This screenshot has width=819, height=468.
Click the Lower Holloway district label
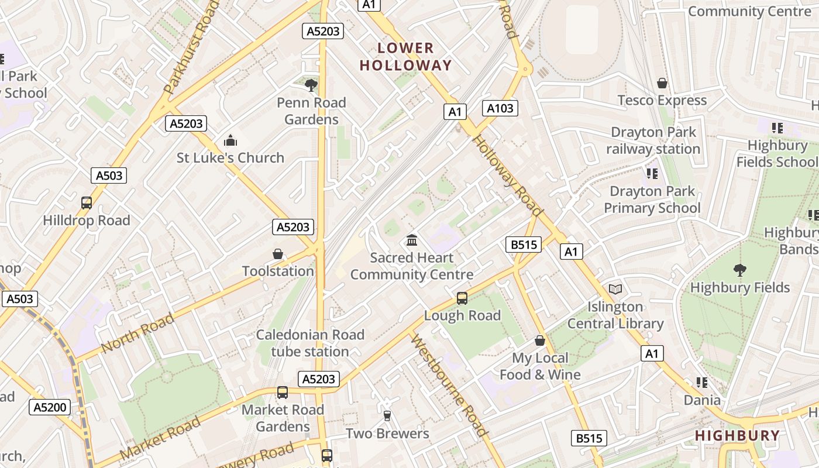point(405,57)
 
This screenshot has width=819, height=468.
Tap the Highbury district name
point(738,435)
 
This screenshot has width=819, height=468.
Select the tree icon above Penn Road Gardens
point(311,85)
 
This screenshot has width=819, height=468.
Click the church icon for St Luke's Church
point(230,140)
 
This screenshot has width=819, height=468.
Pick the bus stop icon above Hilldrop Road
point(87,203)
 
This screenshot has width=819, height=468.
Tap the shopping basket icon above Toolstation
point(278,254)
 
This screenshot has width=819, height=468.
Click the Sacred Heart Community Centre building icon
point(412,240)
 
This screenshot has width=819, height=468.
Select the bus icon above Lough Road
point(462,298)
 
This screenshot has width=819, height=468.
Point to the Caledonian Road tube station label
point(310,343)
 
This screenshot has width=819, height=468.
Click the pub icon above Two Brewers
point(387,416)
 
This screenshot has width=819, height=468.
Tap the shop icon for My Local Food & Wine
point(540,340)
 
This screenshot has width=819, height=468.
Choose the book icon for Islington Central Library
point(615,289)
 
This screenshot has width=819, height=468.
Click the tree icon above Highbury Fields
point(740,270)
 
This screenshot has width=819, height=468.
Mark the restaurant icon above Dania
point(702,383)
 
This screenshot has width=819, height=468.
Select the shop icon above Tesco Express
point(662,83)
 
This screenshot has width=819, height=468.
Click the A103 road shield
point(500,108)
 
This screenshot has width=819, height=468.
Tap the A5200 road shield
point(50,407)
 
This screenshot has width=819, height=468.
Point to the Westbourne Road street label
point(449,386)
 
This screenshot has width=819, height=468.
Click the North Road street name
point(137,333)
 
